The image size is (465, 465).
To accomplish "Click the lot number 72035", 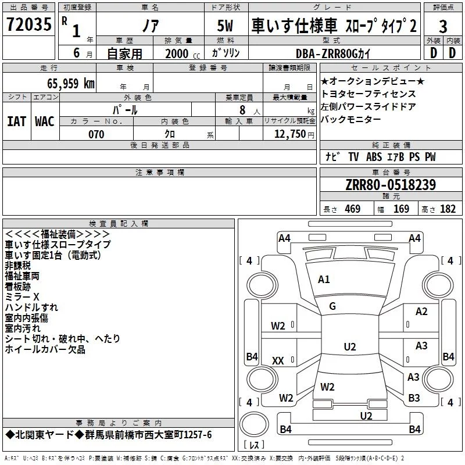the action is click(x=28, y=24).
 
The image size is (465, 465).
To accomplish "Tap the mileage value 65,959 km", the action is click(x=71, y=84).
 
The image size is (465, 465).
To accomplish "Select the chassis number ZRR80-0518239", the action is click(x=391, y=185).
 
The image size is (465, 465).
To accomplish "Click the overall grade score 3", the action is click(x=443, y=27).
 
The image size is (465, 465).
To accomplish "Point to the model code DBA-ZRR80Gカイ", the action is click(x=333, y=53).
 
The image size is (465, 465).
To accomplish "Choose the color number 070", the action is click(x=96, y=134).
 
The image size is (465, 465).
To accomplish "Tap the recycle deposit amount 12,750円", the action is click(x=294, y=134).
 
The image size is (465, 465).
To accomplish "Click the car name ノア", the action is click(x=151, y=26).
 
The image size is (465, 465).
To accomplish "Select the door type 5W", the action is click(x=225, y=26).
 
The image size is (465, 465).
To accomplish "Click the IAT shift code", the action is click(x=16, y=121).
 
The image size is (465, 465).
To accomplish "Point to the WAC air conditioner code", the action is click(x=45, y=121).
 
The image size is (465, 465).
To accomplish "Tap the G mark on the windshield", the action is click(x=332, y=306).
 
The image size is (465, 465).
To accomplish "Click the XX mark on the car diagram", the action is click(x=278, y=360).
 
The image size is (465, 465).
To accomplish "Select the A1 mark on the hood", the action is click(x=324, y=279).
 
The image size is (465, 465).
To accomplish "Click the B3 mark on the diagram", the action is click(x=414, y=398).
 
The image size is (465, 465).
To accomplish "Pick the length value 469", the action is click(x=353, y=209).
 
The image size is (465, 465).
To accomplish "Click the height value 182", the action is click(x=448, y=209).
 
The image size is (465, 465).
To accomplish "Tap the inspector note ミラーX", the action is click(x=22, y=297).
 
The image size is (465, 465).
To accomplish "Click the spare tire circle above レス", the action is click(x=254, y=424).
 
